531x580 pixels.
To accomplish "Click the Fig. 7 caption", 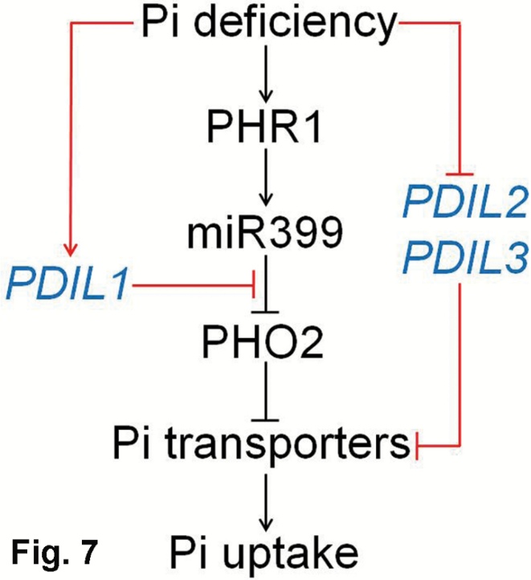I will coord(56,553).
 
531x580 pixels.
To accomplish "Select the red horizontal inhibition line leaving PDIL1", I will coord(193,284).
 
